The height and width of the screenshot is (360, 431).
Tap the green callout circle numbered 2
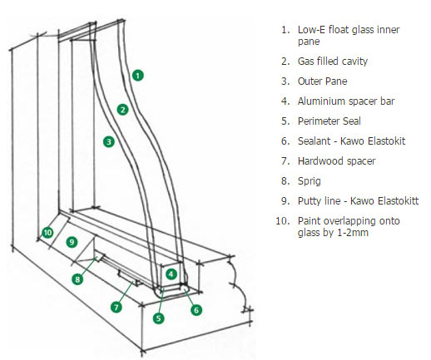point(122,109)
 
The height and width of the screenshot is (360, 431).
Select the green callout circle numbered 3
point(108,142)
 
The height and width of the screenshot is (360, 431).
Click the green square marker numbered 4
point(171,273)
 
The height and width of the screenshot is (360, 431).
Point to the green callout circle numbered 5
point(159,317)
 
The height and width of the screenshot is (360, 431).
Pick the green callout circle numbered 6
point(196,310)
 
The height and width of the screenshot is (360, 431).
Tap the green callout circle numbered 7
point(116,307)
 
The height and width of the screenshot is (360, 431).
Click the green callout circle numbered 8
point(77,279)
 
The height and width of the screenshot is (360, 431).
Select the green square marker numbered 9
point(72,242)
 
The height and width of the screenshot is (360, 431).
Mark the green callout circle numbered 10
point(47,232)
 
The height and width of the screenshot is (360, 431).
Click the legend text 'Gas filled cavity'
point(333,62)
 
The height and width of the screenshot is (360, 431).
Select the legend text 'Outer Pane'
point(324,81)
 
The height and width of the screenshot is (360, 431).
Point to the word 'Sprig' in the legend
point(310,181)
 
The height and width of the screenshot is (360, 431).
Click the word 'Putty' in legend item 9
point(311,201)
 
